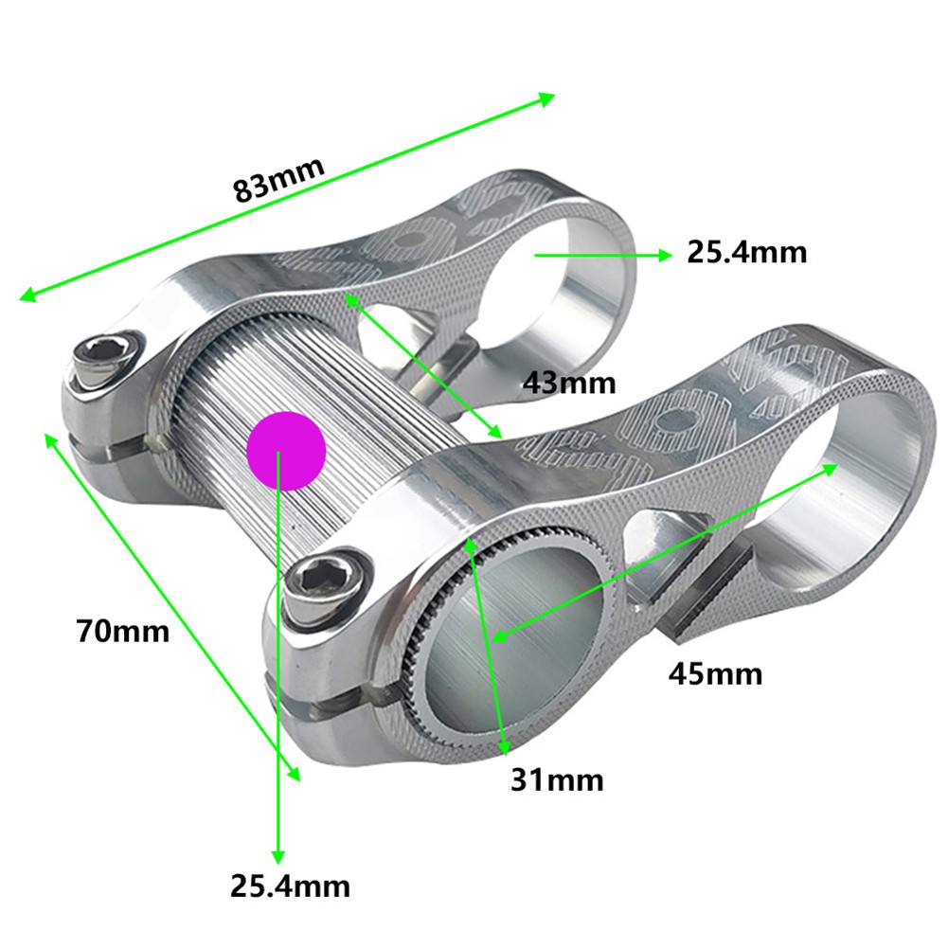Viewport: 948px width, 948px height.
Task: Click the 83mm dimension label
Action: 279,177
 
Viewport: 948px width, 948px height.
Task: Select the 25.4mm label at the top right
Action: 746,253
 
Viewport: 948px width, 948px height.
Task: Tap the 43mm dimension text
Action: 569,383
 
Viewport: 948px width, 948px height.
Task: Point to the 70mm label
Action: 123,629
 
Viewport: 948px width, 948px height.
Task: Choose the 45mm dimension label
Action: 715,673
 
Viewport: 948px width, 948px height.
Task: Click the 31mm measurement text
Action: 557,779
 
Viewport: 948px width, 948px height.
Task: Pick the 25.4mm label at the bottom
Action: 290,886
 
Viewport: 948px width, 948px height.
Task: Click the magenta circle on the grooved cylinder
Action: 286,451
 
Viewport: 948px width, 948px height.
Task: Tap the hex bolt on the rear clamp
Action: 104,357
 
